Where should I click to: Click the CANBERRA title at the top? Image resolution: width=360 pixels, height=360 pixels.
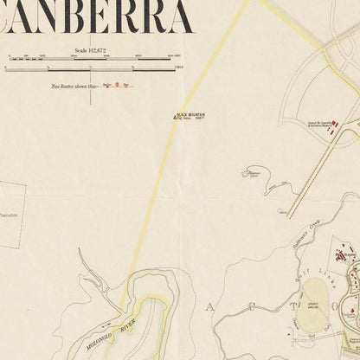pyautogui.click(x=95, y=17)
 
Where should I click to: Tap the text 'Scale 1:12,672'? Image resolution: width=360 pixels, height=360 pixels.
pyautogui.click(x=93, y=51)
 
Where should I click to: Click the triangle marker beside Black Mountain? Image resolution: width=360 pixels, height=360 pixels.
pyautogui.click(x=173, y=117)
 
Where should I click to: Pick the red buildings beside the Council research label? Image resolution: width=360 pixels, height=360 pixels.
pyautogui.click(x=334, y=125)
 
